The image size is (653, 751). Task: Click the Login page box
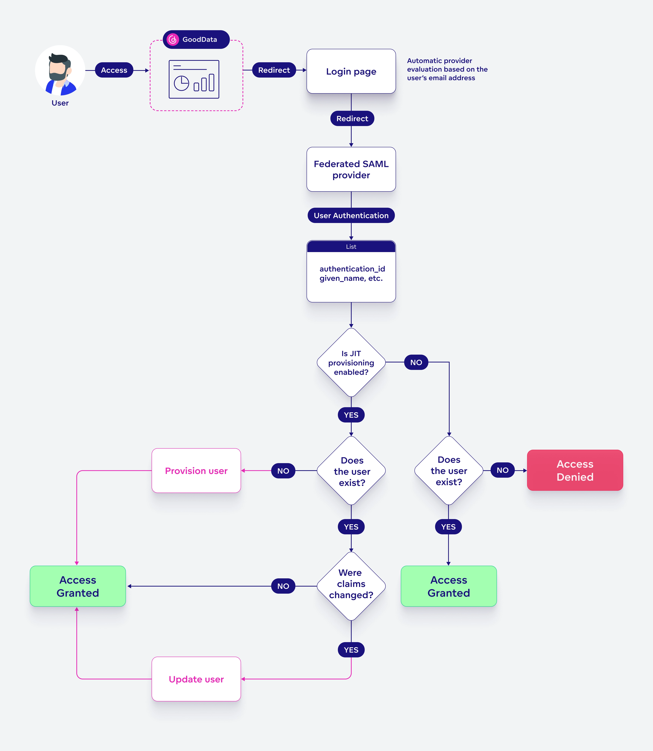351,71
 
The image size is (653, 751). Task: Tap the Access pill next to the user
114,70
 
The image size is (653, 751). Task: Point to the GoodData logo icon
173,39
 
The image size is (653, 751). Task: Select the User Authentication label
351,216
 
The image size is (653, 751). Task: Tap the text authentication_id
352,269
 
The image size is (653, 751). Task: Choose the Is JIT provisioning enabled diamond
351,363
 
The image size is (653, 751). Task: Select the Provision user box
196,471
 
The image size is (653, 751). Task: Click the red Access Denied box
575,471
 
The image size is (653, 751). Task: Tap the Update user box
196,679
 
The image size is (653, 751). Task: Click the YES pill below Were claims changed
351,650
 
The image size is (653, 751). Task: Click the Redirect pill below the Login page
352,119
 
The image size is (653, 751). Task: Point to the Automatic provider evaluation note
447,69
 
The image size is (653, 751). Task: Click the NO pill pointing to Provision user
283,471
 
